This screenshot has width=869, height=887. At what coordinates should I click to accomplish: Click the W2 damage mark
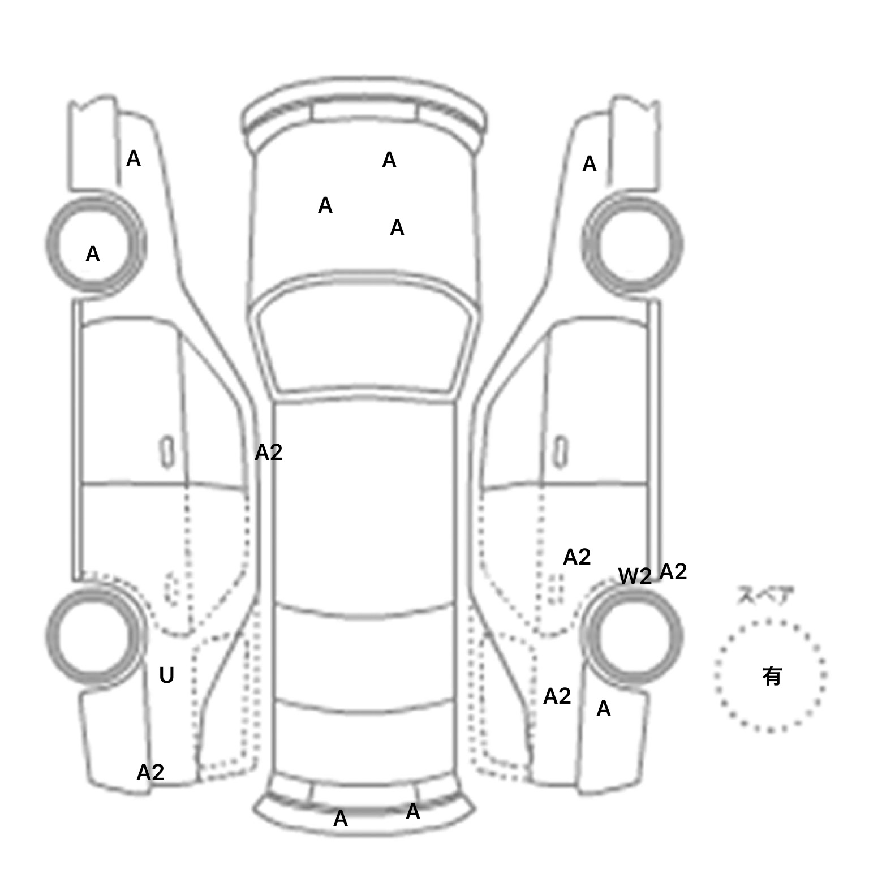(635, 576)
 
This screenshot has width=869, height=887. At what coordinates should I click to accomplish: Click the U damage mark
(166, 675)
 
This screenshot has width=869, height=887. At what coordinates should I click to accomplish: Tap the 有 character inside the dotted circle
(772, 676)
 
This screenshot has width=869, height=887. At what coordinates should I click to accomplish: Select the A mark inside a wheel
(93, 255)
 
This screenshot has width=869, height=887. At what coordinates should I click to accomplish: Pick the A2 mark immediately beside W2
(673, 572)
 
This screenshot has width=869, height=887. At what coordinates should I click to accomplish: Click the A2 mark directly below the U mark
(150, 773)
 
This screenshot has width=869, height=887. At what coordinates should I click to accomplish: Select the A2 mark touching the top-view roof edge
(268, 453)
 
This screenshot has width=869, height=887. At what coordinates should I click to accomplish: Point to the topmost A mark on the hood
(389, 161)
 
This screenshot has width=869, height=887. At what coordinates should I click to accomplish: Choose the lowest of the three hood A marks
(397, 229)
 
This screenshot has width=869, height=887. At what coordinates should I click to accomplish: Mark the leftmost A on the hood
(325, 206)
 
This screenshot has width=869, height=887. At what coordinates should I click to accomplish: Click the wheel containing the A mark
(95, 244)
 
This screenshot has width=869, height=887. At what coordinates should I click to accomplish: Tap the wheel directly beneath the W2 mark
(634, 635)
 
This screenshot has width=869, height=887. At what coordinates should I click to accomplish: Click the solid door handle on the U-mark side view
(167, 451)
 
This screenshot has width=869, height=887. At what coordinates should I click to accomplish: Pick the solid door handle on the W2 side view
(561, 451)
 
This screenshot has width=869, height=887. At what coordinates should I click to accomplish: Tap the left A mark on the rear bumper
(340, 819)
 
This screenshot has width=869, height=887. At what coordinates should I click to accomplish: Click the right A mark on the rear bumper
(413, 812)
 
